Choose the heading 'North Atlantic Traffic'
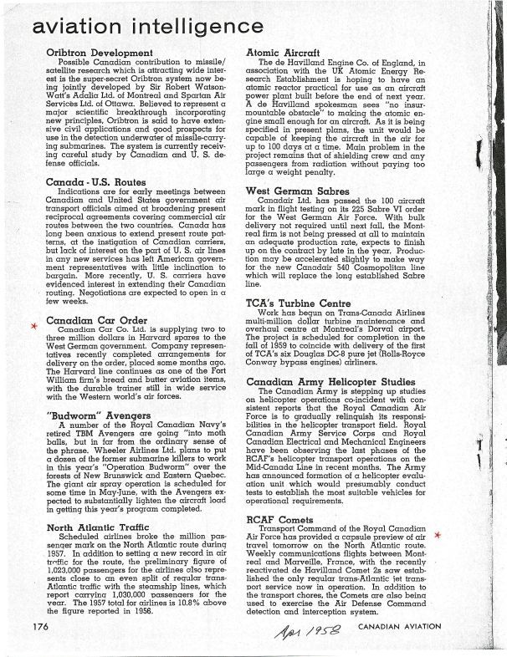coord(100,527)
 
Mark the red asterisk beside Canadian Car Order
coord(33,325)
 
